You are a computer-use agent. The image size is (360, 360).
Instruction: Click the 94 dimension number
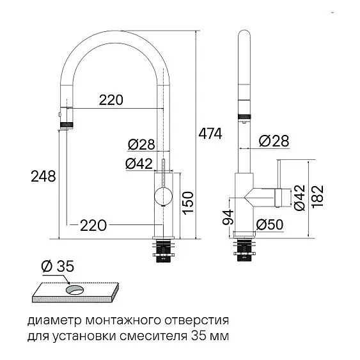(x=226, y=218)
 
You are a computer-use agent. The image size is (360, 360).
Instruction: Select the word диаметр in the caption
(x=50, y=319)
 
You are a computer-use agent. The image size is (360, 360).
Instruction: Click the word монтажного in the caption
(x=108, y=319)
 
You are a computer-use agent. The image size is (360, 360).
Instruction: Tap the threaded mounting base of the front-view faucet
(x=165, y=251)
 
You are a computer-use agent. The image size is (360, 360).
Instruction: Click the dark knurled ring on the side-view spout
(x=244, y=116)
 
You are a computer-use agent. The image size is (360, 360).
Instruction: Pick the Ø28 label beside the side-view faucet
(x=274, y=141)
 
